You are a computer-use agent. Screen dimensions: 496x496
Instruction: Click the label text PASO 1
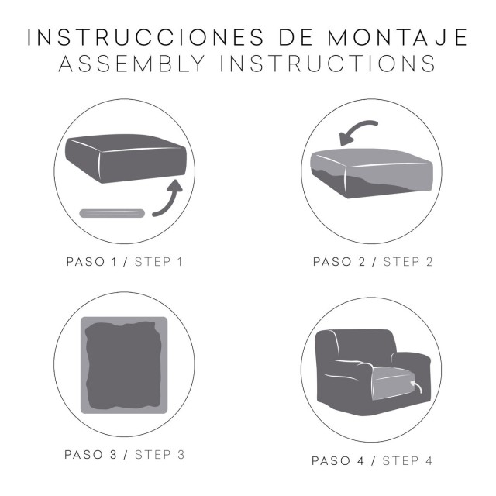[x=94, y=261]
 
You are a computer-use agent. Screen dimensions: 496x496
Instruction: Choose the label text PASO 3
[x=94, y=454]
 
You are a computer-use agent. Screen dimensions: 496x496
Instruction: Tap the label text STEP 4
[x=408, y=460]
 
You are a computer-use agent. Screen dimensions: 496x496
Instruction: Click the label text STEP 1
[x=159, y=261]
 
